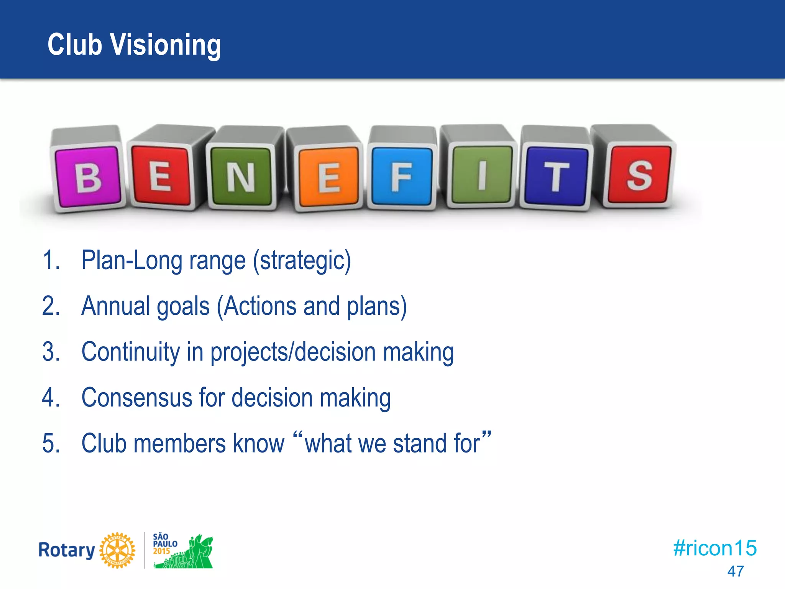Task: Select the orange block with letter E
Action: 328,178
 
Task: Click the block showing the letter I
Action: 482,175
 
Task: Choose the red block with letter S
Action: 639,175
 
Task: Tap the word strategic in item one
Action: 301,261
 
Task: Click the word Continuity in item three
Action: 130,352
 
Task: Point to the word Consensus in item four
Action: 136,398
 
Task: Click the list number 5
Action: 50,444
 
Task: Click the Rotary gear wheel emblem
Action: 117,550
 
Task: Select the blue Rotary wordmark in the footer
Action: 66,550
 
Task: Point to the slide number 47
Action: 735,571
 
